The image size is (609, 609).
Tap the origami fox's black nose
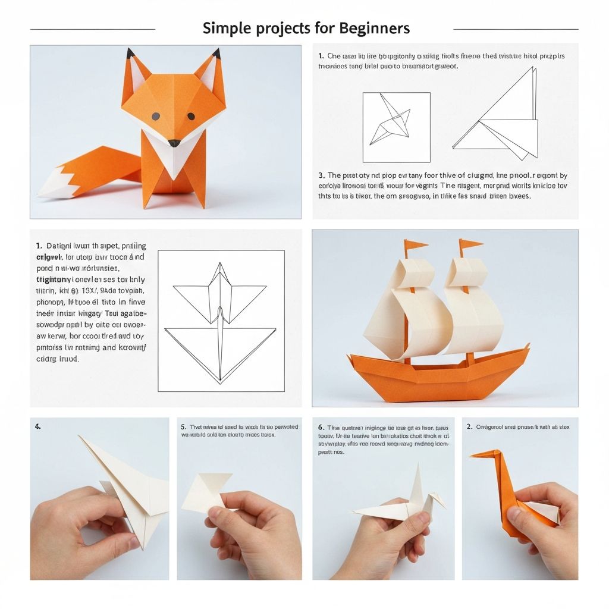pos(174,143)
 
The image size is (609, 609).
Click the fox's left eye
pos(155,116)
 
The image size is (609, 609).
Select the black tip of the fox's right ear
pos(215,54)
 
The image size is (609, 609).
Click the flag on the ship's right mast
pos(469,244)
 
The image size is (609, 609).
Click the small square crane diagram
pos(396,127)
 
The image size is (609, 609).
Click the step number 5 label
pos(183,427)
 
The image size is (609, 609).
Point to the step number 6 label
pos(321,428)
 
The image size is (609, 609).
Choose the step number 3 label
pos(321,175)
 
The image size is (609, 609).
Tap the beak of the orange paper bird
pos(476,455)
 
